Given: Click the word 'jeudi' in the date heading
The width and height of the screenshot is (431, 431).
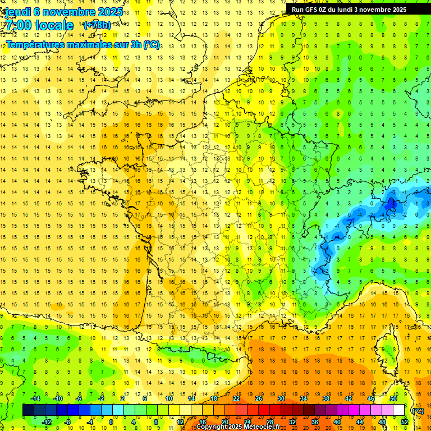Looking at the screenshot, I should (x=17, y=12).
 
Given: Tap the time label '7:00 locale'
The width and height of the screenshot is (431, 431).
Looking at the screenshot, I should (x=39, y=25).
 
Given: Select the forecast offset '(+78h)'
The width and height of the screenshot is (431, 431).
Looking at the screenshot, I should (x=97, y=25).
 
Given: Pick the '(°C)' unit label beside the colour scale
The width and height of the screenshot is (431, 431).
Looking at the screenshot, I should (x=418, y=411).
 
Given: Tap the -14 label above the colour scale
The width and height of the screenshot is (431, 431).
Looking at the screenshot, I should (x=35, y=398).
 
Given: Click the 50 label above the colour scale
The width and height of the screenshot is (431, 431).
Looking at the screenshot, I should (x=393, y=398).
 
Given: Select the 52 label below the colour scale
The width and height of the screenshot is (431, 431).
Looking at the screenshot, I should (x=405, y=422).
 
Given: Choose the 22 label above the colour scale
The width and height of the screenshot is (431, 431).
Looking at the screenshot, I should (x=236, y=398).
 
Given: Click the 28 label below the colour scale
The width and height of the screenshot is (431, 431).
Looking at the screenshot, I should (x=270, y=422).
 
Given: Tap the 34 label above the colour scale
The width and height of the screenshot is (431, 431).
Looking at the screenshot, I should (x=304, y=398).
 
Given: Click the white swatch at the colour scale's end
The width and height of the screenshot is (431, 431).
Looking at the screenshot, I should (x=399, y=410).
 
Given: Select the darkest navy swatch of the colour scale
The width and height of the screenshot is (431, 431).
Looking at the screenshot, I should (x=28, y=410).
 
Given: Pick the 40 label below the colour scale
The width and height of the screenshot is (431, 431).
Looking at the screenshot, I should (x=337, y=422).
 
